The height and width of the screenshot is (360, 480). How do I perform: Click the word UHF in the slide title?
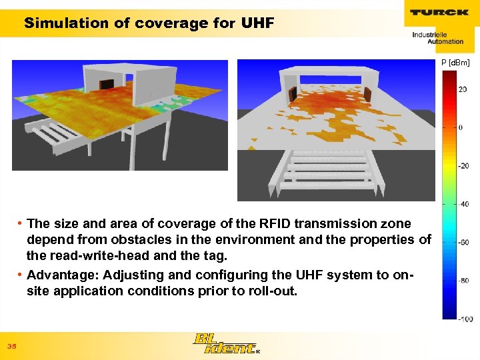(x=257, y=23)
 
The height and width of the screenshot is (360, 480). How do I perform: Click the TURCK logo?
(x=439, y=12)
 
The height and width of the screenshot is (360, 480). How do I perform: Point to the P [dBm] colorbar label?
(x=455, y=63)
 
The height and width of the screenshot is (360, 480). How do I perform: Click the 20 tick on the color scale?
(x=462, y=89)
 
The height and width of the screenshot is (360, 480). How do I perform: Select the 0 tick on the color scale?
(x=460, y=127)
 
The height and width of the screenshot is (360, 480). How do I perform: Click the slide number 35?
(x=11, y=346)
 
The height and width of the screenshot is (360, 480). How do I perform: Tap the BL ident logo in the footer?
(x=225, y=343)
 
